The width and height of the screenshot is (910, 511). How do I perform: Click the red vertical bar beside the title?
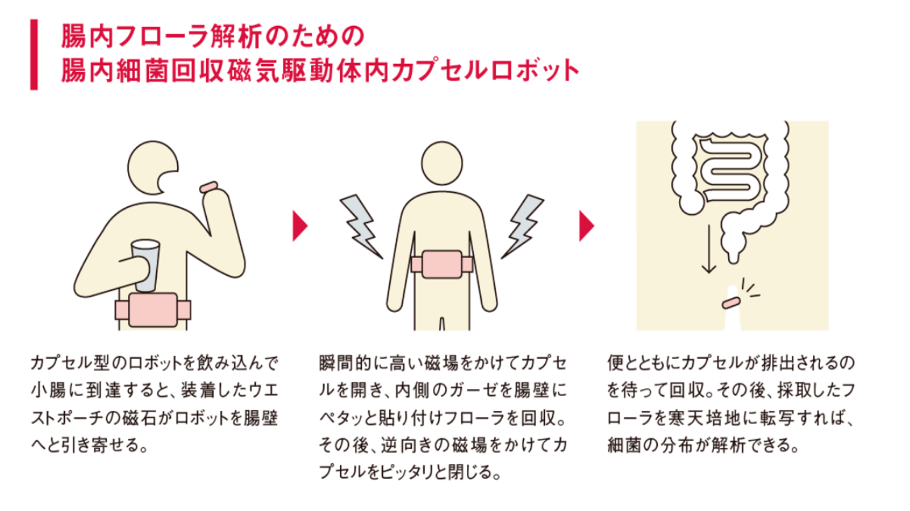click(x=34, y=55)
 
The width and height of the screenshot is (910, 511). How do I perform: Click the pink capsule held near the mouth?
click(x=209, y=187)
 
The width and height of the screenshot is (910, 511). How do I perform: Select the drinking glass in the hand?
click(x=145, y=265)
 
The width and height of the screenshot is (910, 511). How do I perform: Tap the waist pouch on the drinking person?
click(x=153, y=310)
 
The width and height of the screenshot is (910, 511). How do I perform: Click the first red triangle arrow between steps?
click(x=300, y=226)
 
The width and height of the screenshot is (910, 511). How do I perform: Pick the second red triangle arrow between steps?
click(x=586, y=226)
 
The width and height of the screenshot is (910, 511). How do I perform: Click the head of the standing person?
click(x=442, y=163)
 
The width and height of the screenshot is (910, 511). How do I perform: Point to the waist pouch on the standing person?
click(x=442, y=264)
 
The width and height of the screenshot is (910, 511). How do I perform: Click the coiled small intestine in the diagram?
click(x=730, y=169)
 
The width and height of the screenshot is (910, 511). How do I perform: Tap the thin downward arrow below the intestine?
click(x=709, y=249)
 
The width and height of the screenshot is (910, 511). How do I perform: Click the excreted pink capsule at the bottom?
click(x=731, y=303)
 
